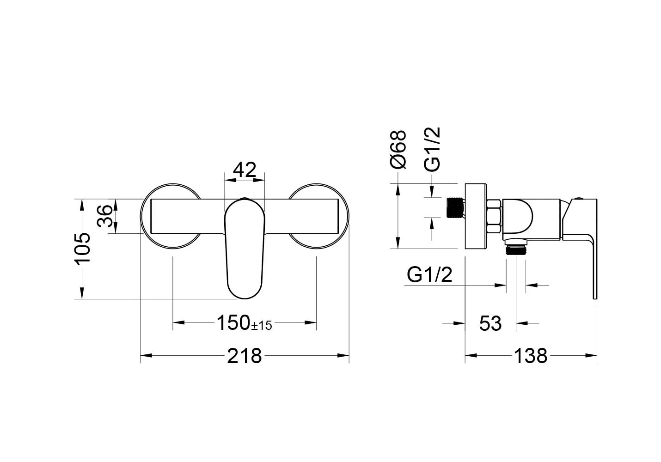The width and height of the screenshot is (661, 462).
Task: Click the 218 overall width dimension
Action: pyautogui.click(x=245, y=356)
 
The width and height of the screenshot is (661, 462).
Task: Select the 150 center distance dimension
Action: pyautogui.click(x=233, y=323)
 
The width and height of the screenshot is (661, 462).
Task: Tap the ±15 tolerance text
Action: pyautogui.click(x=262, y=326)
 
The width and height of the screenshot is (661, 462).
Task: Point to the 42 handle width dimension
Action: pyautogui.click(x=245, y=170)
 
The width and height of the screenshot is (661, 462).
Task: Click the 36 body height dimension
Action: pyautogui.click(x=105, y=216)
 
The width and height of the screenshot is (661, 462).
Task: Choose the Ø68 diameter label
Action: pyautogui.click(x=398, y=150)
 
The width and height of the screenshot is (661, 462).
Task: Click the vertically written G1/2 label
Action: pyautogui.click(x=432, y=149)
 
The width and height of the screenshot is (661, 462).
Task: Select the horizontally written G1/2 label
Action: pyautogui.click(x=429, y=275)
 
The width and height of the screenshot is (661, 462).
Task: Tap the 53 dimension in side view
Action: pyautogui.click(x=490, y=324)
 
